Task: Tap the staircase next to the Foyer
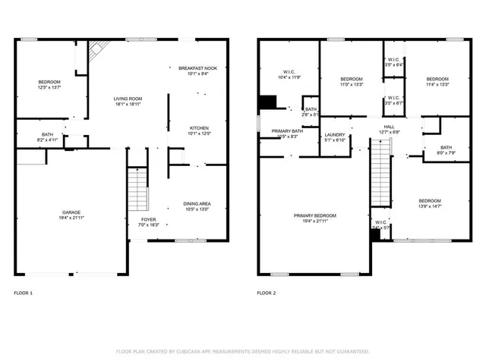coord(137,189)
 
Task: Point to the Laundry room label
coord(335,136)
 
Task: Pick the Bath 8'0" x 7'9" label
coord(446,150)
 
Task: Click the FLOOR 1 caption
coord(24,293)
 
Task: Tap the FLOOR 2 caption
coord(267,293)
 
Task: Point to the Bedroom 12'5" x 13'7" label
coord(49,84)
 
